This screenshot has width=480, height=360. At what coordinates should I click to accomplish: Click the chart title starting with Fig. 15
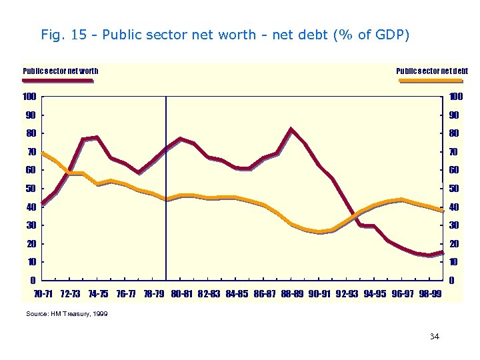(225, 35)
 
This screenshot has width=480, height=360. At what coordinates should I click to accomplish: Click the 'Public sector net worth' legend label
(61, 71)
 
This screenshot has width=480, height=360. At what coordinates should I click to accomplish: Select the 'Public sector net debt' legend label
(432, 71)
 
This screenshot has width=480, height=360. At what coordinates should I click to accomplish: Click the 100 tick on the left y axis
(29, 97)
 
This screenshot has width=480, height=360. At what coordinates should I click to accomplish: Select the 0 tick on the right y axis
(453, 280)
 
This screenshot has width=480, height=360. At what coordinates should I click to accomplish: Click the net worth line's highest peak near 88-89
(291, 129)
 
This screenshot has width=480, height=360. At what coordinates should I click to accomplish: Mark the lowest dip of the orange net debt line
(319, 232)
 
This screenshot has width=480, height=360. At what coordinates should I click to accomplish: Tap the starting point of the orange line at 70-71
(42, 153)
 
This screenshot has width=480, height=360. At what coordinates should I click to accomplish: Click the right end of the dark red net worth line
(442, 253)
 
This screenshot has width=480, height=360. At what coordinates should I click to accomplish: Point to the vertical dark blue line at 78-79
(166, 200)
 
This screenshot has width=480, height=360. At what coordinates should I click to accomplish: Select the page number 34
(435, 337)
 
